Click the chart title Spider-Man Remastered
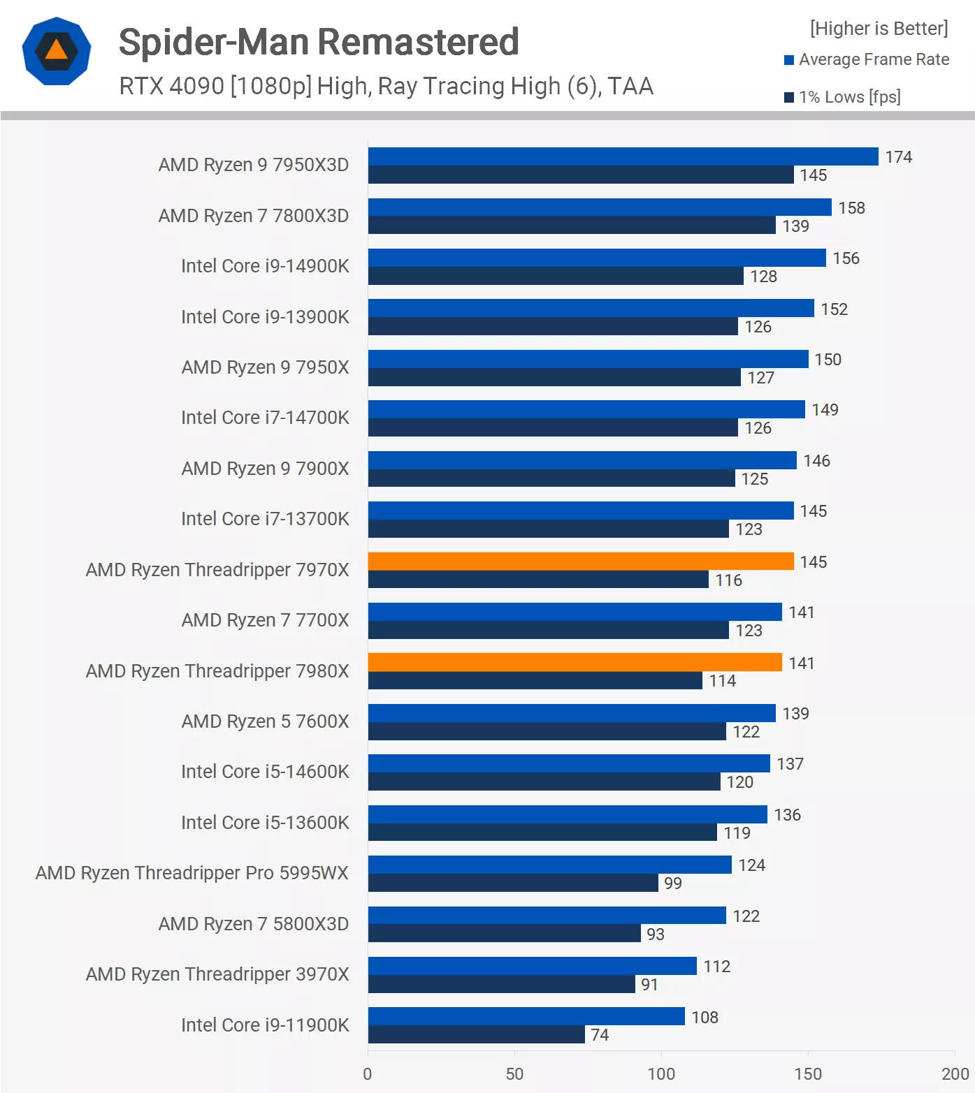(319, 42)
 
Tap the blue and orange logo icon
(57, 51)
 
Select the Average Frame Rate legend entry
(867, 60)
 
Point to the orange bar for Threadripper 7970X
(580, 562)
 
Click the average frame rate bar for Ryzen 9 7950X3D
(623, 156)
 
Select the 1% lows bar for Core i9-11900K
(476, 1034)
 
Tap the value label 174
(898, 157)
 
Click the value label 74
(600, 1035)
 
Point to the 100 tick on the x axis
(661, 1074)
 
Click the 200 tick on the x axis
(955, 1074)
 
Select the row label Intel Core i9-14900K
(265, 266)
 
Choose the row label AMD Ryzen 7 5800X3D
(253, 924)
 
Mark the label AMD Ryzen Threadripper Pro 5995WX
(192, 873)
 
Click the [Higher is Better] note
(879, 29)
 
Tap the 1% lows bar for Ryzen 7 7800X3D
(572, 225)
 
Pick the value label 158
(851, 208)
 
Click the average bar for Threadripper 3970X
(532, 966)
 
